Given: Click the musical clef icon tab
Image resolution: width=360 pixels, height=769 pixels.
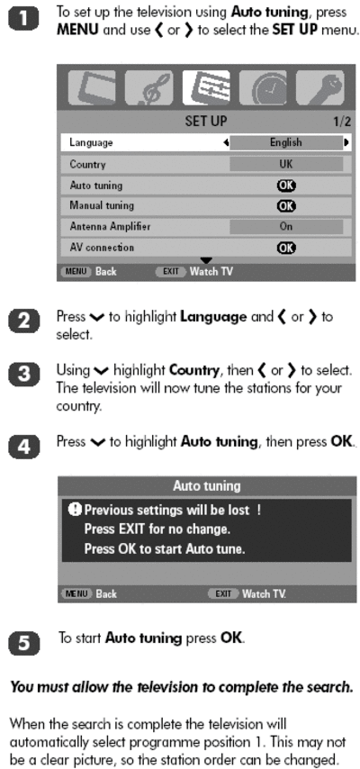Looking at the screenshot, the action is pyautogui.click(x=148, y=87).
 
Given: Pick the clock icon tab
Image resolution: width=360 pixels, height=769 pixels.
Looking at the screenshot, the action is pyautogui.click(x=263, y=87).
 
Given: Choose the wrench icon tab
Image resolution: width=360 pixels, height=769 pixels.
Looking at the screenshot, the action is pyautogui.click(x=319, y=87).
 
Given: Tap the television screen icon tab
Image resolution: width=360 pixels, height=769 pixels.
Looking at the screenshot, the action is pyautogui.click(x=91, y=87).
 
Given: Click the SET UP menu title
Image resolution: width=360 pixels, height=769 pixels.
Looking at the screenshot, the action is pyautogui.click(x=206, y=122).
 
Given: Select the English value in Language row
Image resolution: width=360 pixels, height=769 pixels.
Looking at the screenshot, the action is pyautogui.click(x=286, y=142).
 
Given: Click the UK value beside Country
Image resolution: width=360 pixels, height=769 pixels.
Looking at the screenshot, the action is pyautogui.click(x=286, y=164).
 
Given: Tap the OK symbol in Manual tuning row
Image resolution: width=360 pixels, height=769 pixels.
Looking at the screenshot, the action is pyautogui.click(x=286, y=205).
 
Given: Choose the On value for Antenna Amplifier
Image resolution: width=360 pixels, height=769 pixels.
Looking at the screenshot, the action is pyautogui.click(x=286, y=227).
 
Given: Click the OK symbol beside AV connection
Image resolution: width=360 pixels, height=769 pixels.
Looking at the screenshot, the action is pyautogui.click(x=286, y=248).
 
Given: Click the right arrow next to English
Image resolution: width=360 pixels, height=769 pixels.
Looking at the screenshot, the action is pyautogui.click(x=346, y=142).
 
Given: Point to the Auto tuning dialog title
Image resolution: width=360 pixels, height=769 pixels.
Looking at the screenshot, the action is pyautogui.click(x=206, y=486).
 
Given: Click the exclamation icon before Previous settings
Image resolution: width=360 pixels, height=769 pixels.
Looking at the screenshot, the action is pyautogui.click(x=75, y=510).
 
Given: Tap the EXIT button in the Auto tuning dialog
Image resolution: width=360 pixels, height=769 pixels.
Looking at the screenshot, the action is pyautogui.click(x=223, y=594).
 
